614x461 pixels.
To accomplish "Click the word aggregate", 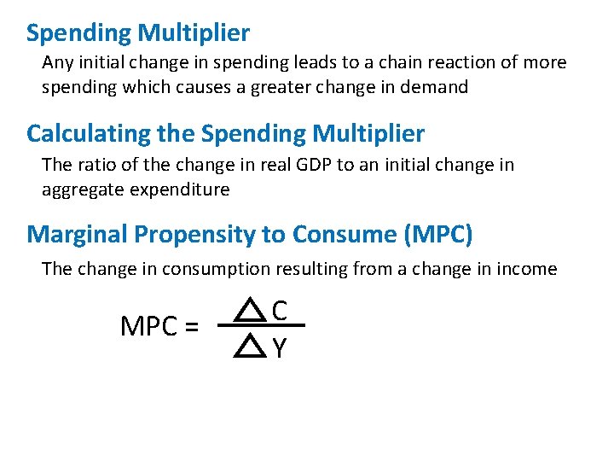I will click(x=84, y=190).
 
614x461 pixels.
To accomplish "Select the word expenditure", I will click(x=180, y=190).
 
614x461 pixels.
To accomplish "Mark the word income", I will click(x=524, y=269).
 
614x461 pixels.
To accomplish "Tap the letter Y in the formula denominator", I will click(x=279, y=347).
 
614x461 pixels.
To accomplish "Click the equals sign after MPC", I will click(x=190, y=327).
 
